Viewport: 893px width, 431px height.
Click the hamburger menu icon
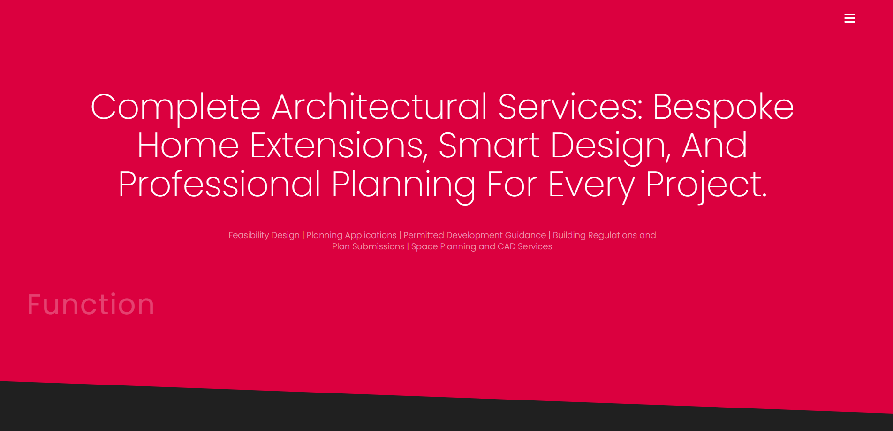click(x=849, y=18)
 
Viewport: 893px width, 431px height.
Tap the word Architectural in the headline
click(x=379, y=107)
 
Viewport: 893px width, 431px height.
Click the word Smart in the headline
click(x=489, y=146)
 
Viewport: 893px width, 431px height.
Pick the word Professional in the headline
click(x=219, y=184)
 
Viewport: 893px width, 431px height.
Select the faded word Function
click(x=91, y=304)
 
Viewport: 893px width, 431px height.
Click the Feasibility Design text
click(x=264, y=235)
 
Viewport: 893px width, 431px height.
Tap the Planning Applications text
click(x=351, y=235)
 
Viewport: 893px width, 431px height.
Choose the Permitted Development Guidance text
click(x=475, y=235)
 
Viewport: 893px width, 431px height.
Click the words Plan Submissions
click(x=368, y=246)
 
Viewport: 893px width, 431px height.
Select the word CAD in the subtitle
click(x=507, y=246)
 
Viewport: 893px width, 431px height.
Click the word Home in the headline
click(x=188, y=146)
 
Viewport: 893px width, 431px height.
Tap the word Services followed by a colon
click(x=570, y=107)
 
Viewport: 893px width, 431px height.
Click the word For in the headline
click(x=512, y=184)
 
